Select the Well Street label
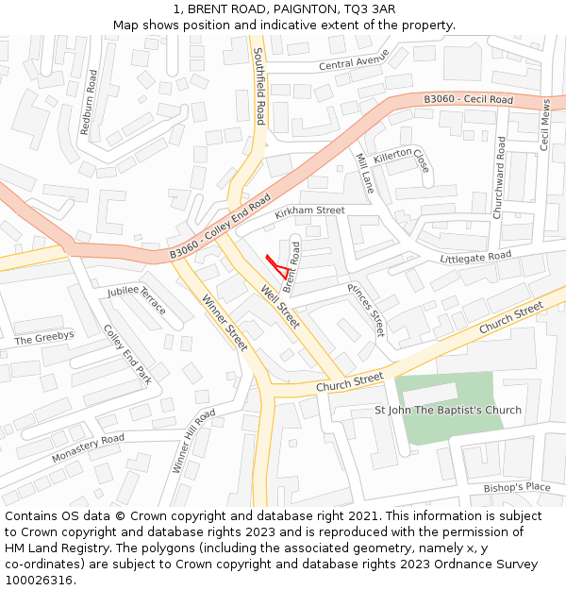[x=280, y=307]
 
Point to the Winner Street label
[x=225, y=323]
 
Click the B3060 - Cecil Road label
[x=468, y=99]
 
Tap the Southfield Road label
[x=259, y=87]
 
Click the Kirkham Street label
[x=310, y=211]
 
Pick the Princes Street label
[x=366, y=310]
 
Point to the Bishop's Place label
[x=516, y=487]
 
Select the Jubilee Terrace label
[x=137, y=300]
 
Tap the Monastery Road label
[x=88, y=447]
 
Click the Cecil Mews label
[x=544, y=126]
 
